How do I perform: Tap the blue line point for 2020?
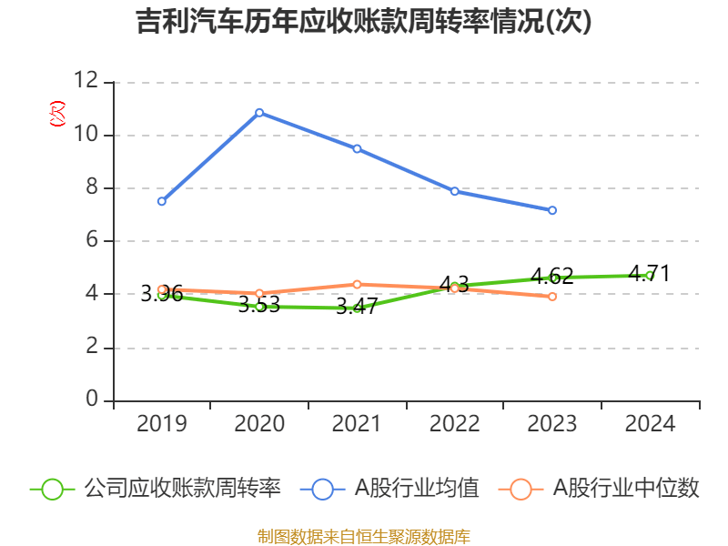(x=259, y=112)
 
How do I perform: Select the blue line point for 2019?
(x=162, y=201)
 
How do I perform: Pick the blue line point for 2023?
(x=552, y=210)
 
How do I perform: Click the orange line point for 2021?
(x=357, y=284)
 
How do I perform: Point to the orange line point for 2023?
(x=552, y=297)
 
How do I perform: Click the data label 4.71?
(x=649, y=272)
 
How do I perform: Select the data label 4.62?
(x=551, y=275)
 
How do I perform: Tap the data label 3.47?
(x=357, y=307)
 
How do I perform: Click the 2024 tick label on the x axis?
(x=650, y=424)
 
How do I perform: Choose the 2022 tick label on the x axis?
(x=454, y=424)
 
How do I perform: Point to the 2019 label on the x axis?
(x=162, y=424)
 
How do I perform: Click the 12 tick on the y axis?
(x=86, y=82)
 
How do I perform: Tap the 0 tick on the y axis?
(x=93, y=400)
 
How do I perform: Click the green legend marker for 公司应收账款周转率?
(x=52, y=489)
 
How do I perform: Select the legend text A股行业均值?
(x=416, y=489)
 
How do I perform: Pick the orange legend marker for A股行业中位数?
(x=521, y=489)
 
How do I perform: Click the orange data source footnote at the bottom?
(x=364, y=536)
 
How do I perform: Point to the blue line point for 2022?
(x=454, y=191)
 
